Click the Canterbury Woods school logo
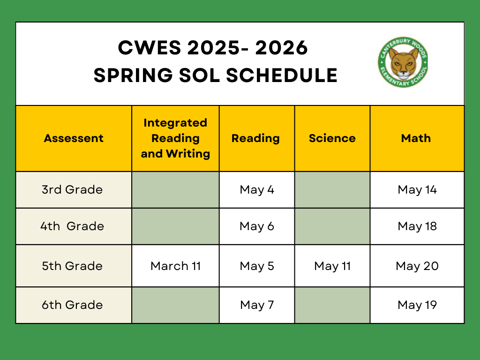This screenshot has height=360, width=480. click(x=403, y=62)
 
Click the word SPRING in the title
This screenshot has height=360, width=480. click(x=133, y=75)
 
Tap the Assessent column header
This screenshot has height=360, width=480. click(x=74, y=138)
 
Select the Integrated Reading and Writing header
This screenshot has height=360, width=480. click(x=175, y=138)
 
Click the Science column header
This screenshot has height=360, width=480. click(x=332, y=138)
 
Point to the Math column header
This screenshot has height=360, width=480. click(x=416, y=138)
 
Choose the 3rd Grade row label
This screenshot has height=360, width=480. click(x=72, y=189)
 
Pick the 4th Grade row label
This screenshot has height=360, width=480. click(x=72, y=226)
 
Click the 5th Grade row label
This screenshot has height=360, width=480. click(x=72, y=266)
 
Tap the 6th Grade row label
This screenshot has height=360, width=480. click(x=72, y=305)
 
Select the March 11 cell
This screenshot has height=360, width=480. click(x=175, y=266)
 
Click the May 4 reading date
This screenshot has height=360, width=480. click(x=257, y=190)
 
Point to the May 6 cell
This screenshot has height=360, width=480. click(x=257, y=226)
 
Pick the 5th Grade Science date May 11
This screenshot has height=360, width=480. click(x=332, y=266)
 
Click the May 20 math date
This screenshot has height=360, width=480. click(x=417, y=266)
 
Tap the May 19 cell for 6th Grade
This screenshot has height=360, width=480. click(x=417, y=305)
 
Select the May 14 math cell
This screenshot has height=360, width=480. click(x=417, y=190)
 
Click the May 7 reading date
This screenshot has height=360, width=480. click(x=257, y=305)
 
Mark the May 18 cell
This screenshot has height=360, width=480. click(x=417, y=226)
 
